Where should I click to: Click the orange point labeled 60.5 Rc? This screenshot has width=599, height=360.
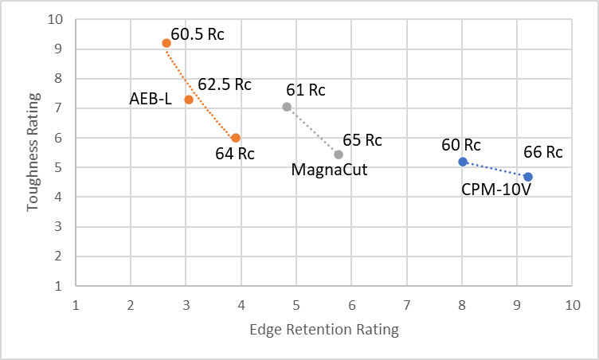click(x=166, y=43)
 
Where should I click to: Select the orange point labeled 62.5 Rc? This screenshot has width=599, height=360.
click(x=189, y=100)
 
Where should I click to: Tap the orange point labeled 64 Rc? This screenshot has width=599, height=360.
click(x=236, y=138)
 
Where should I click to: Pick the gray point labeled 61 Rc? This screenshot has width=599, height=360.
click(x=287, y=107)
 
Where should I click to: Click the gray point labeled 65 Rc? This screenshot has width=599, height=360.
click(x=339, y=155)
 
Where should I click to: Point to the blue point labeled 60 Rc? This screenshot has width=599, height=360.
click(x=462, y=162)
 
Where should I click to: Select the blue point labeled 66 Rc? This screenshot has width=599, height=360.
click(x=528, y=177)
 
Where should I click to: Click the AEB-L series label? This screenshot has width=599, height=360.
click(x=151, y=100)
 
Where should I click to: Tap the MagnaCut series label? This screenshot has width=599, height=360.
click(x=328, y=170)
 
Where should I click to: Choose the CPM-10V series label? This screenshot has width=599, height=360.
click(x=496, y=190)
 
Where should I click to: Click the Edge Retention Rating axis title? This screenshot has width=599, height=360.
click(x=323, y=329)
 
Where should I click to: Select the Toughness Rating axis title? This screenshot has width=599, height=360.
click(x=33, y=152)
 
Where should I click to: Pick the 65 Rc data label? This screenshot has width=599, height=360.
click(x=362, y=140)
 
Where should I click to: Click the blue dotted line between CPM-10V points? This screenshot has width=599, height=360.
click(x=495, y=170)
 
